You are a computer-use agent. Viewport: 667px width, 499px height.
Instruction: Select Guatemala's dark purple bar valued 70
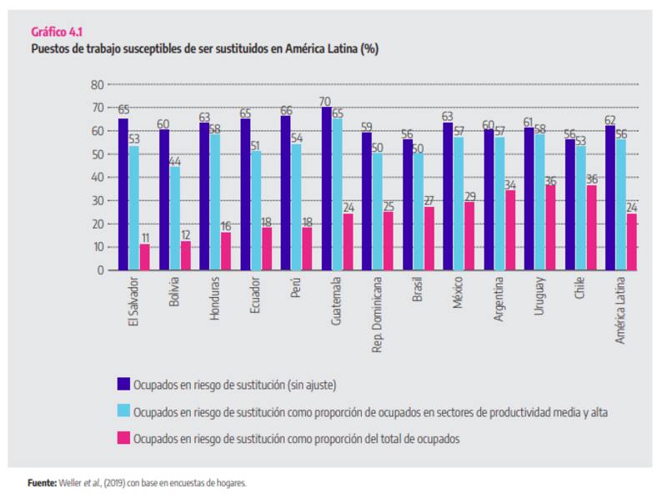point(326,189)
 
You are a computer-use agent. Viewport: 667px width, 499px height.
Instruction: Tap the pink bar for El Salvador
point(144,257)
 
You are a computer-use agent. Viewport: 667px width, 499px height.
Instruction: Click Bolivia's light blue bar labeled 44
point(174,219)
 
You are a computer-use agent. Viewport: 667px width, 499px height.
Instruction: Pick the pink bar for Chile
point(590,228)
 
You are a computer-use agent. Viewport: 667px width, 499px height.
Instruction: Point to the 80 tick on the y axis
point(97,84)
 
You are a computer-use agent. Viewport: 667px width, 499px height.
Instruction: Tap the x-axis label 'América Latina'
point(621,312)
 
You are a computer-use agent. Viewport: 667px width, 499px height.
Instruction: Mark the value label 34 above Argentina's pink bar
point(509,184)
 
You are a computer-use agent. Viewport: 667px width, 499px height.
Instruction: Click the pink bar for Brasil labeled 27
point(429,239)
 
